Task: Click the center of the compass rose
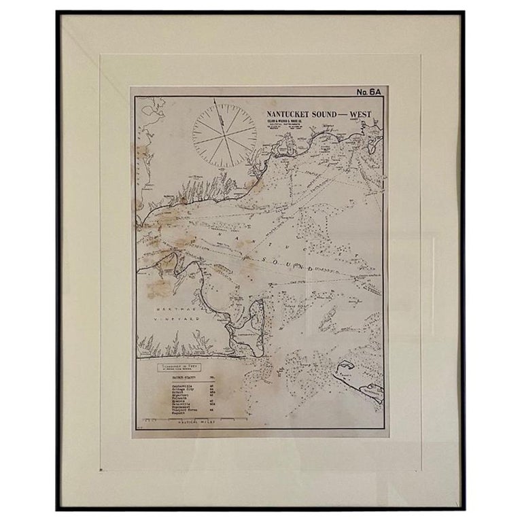pos(224,133)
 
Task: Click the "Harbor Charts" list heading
pos(180,377)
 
